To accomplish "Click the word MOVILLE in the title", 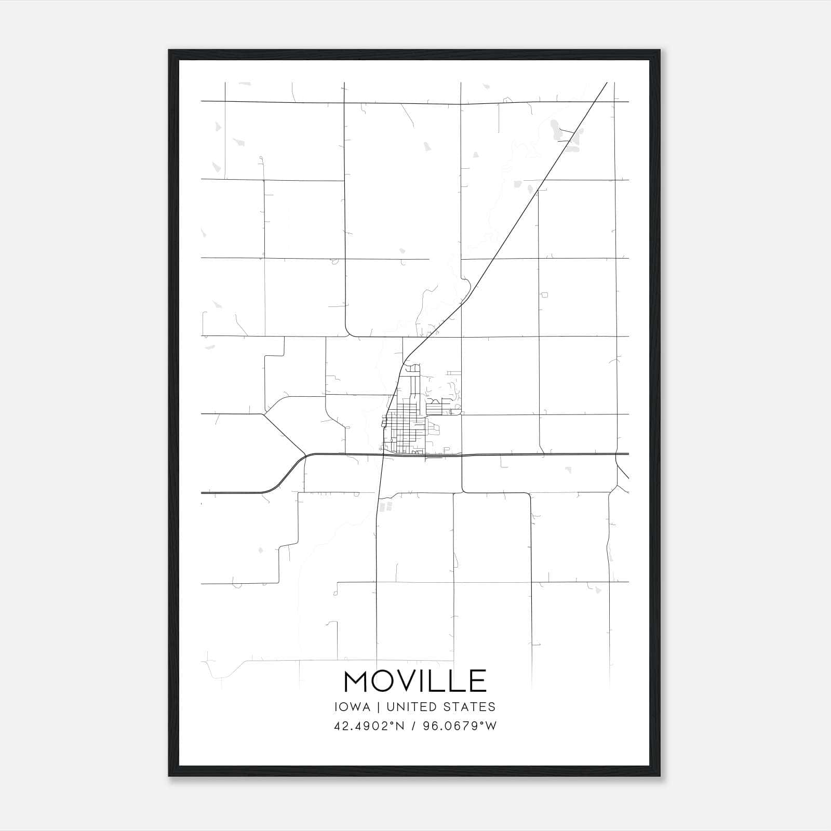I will pos(415,681).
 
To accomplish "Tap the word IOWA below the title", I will pos(352,707).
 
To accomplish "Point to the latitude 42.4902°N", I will pos(369,726).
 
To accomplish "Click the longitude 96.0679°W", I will pos(460,726).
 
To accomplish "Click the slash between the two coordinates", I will pos(413,726).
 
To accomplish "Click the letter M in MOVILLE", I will pos(356,681).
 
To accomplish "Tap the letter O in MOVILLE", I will pos(383,681).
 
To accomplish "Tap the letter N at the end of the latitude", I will pos(400,726).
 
